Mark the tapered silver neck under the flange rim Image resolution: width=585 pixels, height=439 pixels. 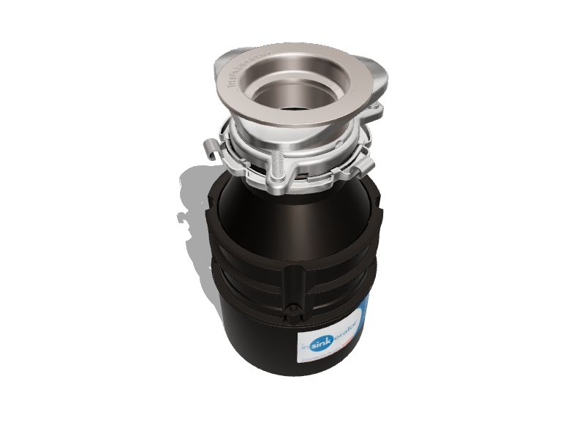[292, 139]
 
